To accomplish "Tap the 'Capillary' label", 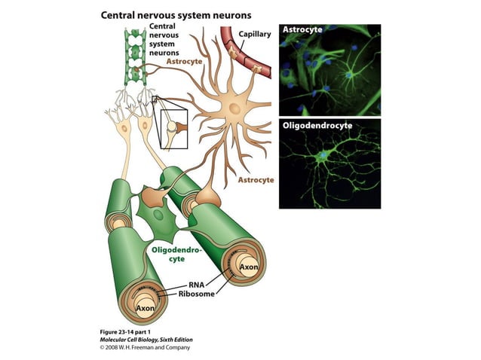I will pos(255,35).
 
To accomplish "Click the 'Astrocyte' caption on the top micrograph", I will pos(301,30).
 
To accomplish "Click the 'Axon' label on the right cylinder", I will pos(249,267).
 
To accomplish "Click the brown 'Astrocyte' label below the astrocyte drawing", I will pos(256,181).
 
